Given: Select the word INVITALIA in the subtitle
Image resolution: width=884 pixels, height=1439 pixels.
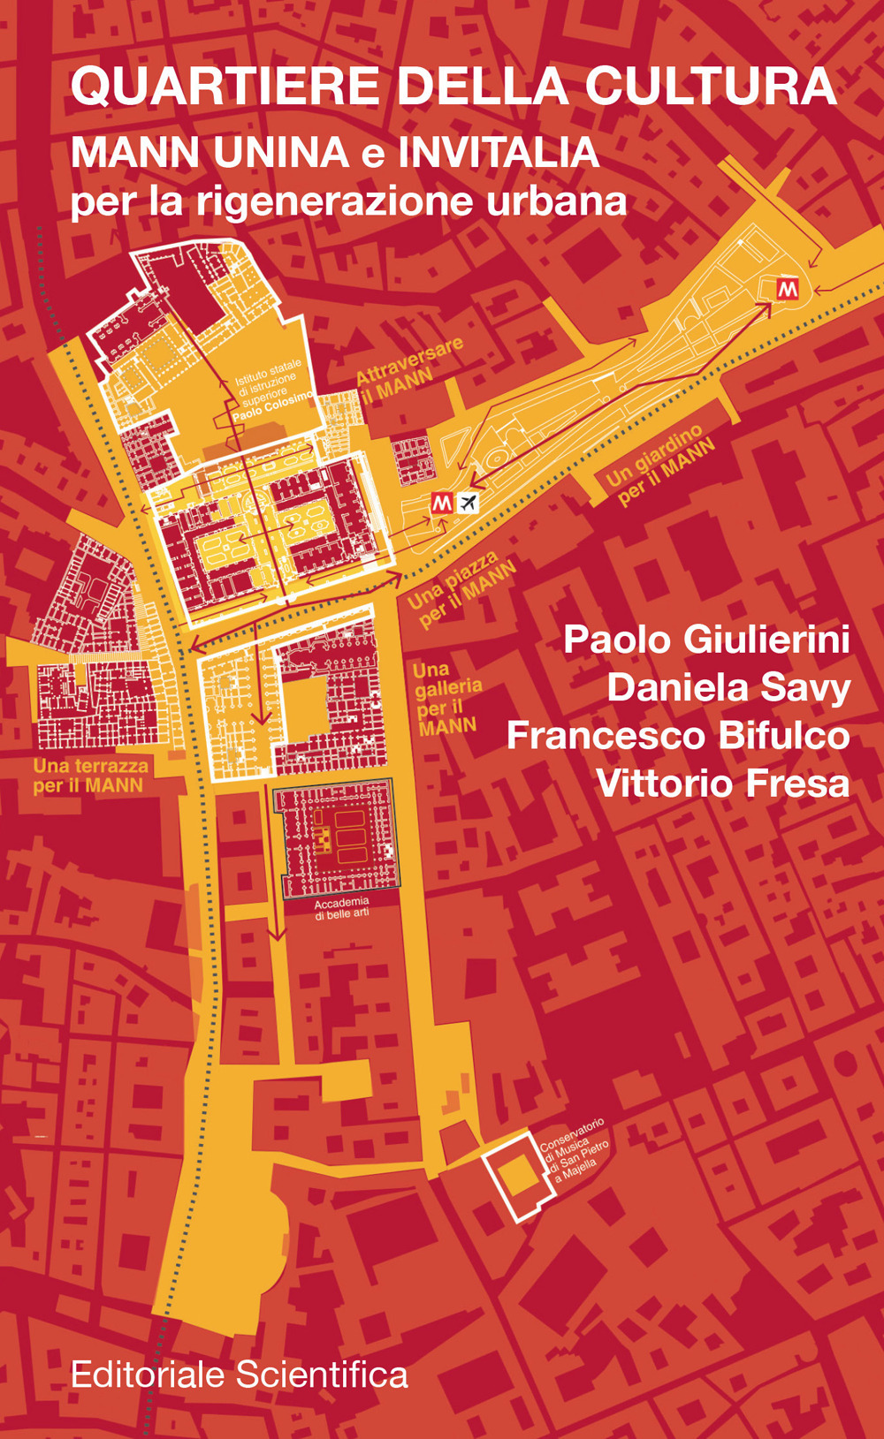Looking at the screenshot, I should pyautogui.click(x=499, y=153).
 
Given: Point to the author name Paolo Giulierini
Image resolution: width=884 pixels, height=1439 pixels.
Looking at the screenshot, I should pyautogui.click(x=706, y=640).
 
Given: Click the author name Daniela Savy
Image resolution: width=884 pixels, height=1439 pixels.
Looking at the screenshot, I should pyautogui.click(x=728, y=688).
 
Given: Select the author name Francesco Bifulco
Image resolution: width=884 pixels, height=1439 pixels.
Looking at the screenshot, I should pyautogui.click(x=678, y=736).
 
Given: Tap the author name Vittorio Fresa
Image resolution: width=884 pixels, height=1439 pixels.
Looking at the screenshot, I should pyautogui.click(x=723, y=784).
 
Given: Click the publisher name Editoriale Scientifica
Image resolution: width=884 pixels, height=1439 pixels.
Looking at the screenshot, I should pyautogui.click(x=240, y=1375).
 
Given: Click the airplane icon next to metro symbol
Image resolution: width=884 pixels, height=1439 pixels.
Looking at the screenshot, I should pyautogui.click(x=468, y=504).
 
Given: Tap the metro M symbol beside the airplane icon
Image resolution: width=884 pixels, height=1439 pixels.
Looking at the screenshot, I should pyautogui.click(x=442, y=504).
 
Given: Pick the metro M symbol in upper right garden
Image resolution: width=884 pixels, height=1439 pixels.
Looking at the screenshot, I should pyautogui.click(x=787, y=289).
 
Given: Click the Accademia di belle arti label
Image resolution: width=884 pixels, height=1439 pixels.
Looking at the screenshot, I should pyautogui.click(x=341, y=908).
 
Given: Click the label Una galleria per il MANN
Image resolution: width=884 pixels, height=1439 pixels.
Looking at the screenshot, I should pyautogui.click(x=447, y=699).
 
